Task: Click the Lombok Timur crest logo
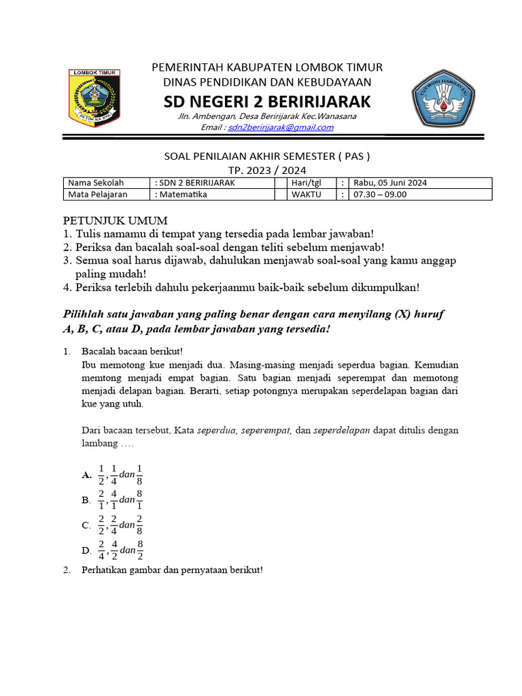94,97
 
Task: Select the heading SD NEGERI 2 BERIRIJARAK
267,102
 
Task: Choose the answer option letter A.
86,475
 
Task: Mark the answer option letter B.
86,500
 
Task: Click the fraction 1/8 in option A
139,474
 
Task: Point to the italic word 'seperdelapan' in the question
342,430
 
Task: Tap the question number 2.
67,570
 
